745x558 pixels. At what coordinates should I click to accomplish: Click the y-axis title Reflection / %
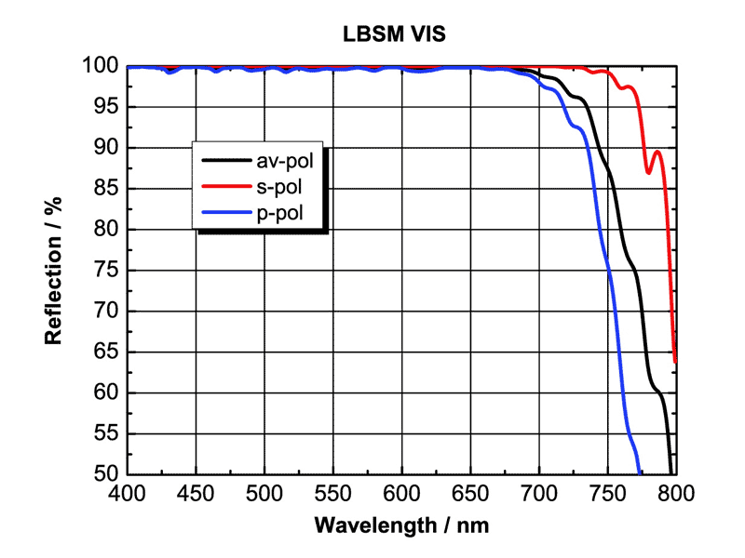54,271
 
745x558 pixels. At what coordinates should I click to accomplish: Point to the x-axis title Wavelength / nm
401,525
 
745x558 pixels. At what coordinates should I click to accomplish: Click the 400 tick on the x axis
128,492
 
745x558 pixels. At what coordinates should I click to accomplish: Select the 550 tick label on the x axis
332,492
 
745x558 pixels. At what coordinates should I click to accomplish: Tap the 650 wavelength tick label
469,492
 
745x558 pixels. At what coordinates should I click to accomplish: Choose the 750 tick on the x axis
606,492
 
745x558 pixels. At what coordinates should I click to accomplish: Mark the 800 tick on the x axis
675,492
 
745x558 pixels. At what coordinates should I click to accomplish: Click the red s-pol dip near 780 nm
649,172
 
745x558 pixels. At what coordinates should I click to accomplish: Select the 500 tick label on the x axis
264,492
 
